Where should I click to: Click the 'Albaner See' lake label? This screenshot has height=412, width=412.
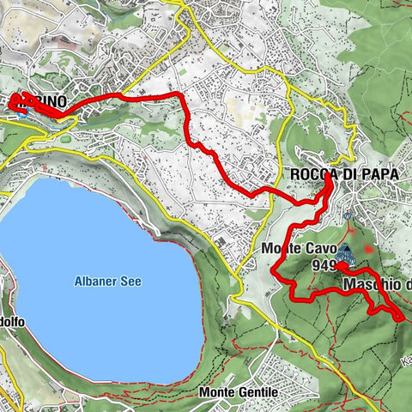(x=107, y=282)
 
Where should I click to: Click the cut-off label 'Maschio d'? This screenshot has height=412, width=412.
(x=376, y=283)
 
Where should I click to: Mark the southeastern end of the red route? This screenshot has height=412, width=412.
(x=402, y=318)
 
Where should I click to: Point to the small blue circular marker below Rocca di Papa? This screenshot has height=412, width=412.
(x=347, y=215)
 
